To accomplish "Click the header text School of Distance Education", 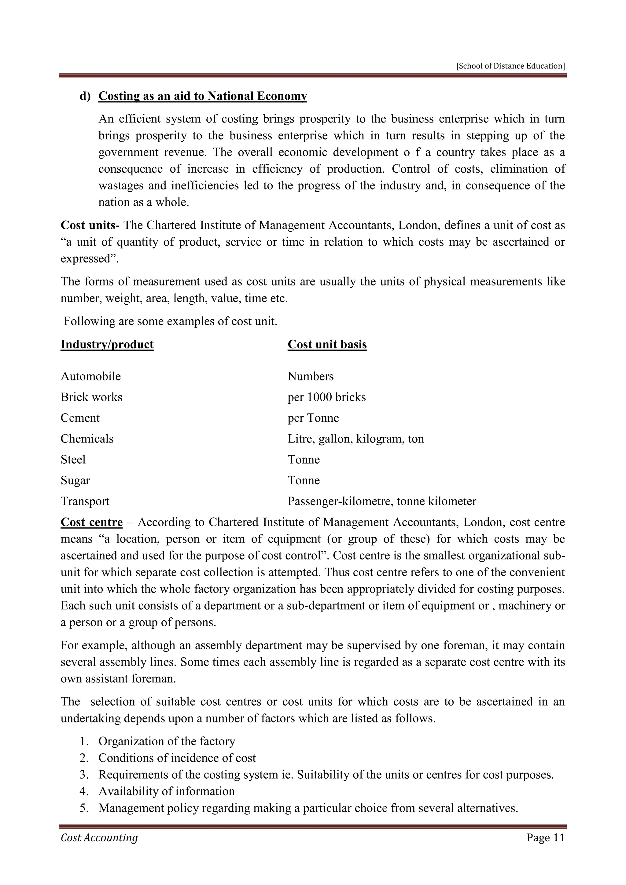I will (510, 66).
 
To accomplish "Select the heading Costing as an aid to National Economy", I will (203, 96).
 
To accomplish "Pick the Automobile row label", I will (90, 376).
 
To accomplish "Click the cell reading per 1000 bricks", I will (326, 397).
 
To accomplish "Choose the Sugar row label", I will (75, 480).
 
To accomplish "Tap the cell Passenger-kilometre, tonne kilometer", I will (381, 501).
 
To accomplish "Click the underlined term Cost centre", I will (91, 522).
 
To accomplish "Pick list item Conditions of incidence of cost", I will (177, 758).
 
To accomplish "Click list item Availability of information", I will (167, 791).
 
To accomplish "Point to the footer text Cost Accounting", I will (99, 837).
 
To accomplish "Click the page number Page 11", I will (545, 837).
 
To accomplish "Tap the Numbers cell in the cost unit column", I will (310, 376).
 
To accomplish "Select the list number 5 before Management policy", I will (84, 808).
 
